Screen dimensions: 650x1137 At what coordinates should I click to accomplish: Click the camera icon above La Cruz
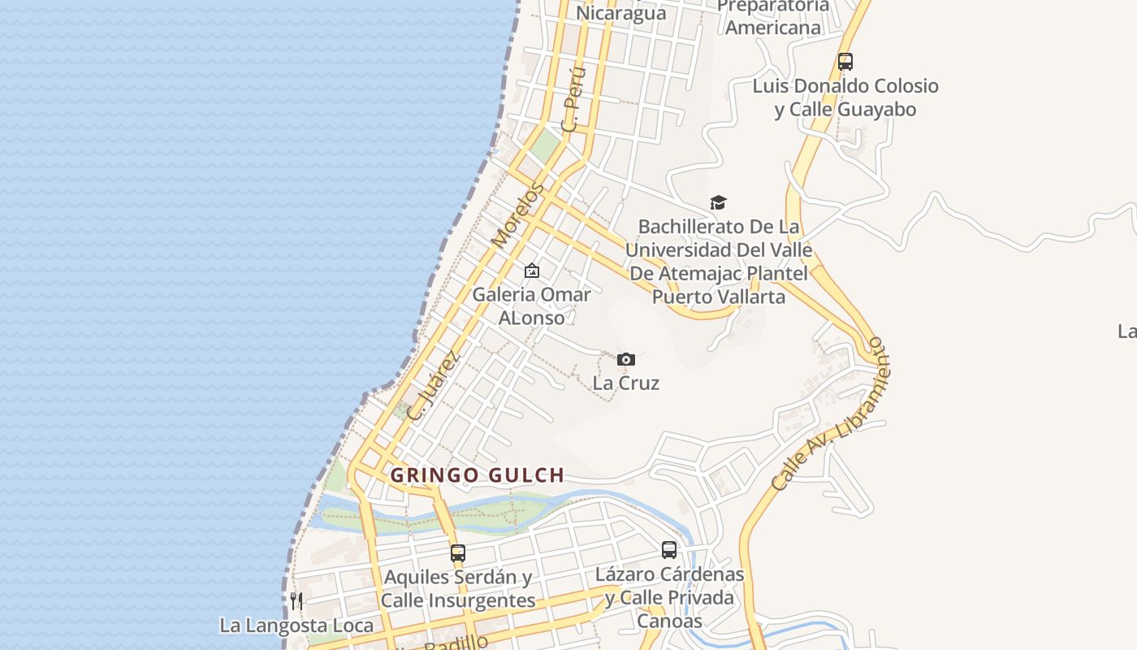click(625, 359)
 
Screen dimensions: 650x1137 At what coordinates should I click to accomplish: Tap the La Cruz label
click(625, 383)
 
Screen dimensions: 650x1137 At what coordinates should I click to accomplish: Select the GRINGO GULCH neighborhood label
click(477, 474)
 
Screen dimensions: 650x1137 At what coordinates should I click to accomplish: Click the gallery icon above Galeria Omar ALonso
click(532, 271)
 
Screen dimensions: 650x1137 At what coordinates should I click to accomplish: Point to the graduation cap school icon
click(718, 202)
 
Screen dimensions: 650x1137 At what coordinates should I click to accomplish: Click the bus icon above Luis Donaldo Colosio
click(845, 62)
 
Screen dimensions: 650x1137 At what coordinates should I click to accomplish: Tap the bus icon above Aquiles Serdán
click(458, 553)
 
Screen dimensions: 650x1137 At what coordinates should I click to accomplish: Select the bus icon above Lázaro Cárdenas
click(668, 550)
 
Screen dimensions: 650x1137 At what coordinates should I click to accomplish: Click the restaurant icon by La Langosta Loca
click(296, 601)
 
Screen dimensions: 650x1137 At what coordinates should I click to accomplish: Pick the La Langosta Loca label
click(296, 626)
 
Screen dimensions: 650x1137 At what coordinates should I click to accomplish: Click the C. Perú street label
click(573, 100)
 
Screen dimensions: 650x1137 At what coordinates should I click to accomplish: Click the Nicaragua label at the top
click(620, 13)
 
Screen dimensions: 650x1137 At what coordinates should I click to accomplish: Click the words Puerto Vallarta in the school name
click(719, 297)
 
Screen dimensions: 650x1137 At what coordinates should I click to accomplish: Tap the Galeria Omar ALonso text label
click(531, 305)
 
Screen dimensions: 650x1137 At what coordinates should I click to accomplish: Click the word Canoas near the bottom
click(669, 622)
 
